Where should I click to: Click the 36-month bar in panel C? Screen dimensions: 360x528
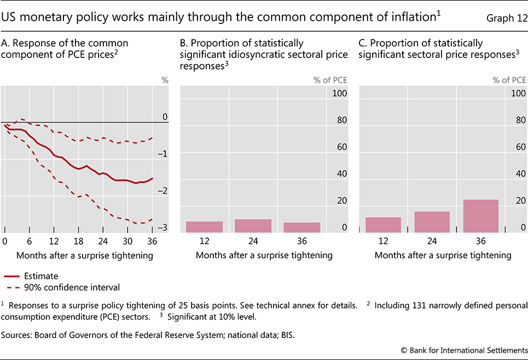[480, 216]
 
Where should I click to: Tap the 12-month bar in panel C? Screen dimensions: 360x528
[383, 225]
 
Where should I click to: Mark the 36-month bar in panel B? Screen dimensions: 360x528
[302, 228]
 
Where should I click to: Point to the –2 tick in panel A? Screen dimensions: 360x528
[163, 190]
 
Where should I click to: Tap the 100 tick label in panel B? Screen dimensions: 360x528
[340, 94]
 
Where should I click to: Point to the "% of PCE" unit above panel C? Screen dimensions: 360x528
[508, 80]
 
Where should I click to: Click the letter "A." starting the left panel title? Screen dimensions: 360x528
[6, 43]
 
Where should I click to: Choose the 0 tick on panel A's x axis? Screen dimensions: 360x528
[5, 241]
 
